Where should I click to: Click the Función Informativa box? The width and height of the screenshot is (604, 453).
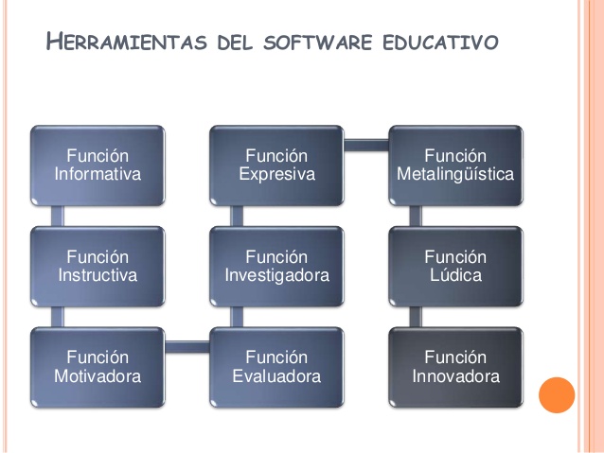[x=98, y=166]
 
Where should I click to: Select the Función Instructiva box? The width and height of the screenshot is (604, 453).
[x=98, y=267]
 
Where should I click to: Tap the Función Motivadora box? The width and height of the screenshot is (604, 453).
[x=98, y=367]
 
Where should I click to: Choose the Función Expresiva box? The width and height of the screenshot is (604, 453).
[x=276, y=166]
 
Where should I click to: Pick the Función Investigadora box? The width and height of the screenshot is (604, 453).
[x=276, y=267]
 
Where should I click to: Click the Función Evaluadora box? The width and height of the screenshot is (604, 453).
[x=276, y=367]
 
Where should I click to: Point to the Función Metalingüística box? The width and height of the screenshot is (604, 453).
[x=455, y=166]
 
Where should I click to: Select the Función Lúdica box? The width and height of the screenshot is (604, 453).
[x=455, y=267]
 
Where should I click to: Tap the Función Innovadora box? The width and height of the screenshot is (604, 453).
[x=455, y=367]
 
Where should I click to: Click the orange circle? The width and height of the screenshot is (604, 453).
[x=557, y=394]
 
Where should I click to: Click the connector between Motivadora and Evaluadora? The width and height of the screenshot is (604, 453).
[x=187, y=346]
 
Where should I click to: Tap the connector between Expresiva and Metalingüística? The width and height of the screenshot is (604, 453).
[x=365, y=145]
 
